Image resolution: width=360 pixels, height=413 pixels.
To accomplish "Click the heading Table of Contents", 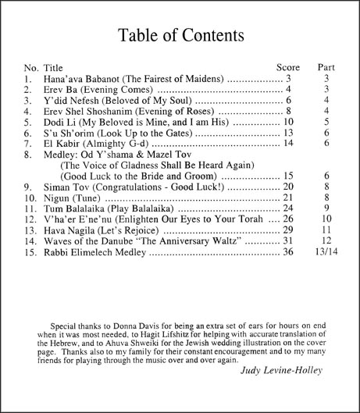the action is (180, 36).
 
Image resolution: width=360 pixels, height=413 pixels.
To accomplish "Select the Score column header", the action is (288, 67).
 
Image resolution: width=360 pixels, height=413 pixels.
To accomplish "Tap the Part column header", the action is (327, 67).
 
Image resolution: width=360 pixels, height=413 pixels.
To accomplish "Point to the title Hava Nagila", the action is (70, 230).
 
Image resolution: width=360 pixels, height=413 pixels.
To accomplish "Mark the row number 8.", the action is (28, 155).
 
